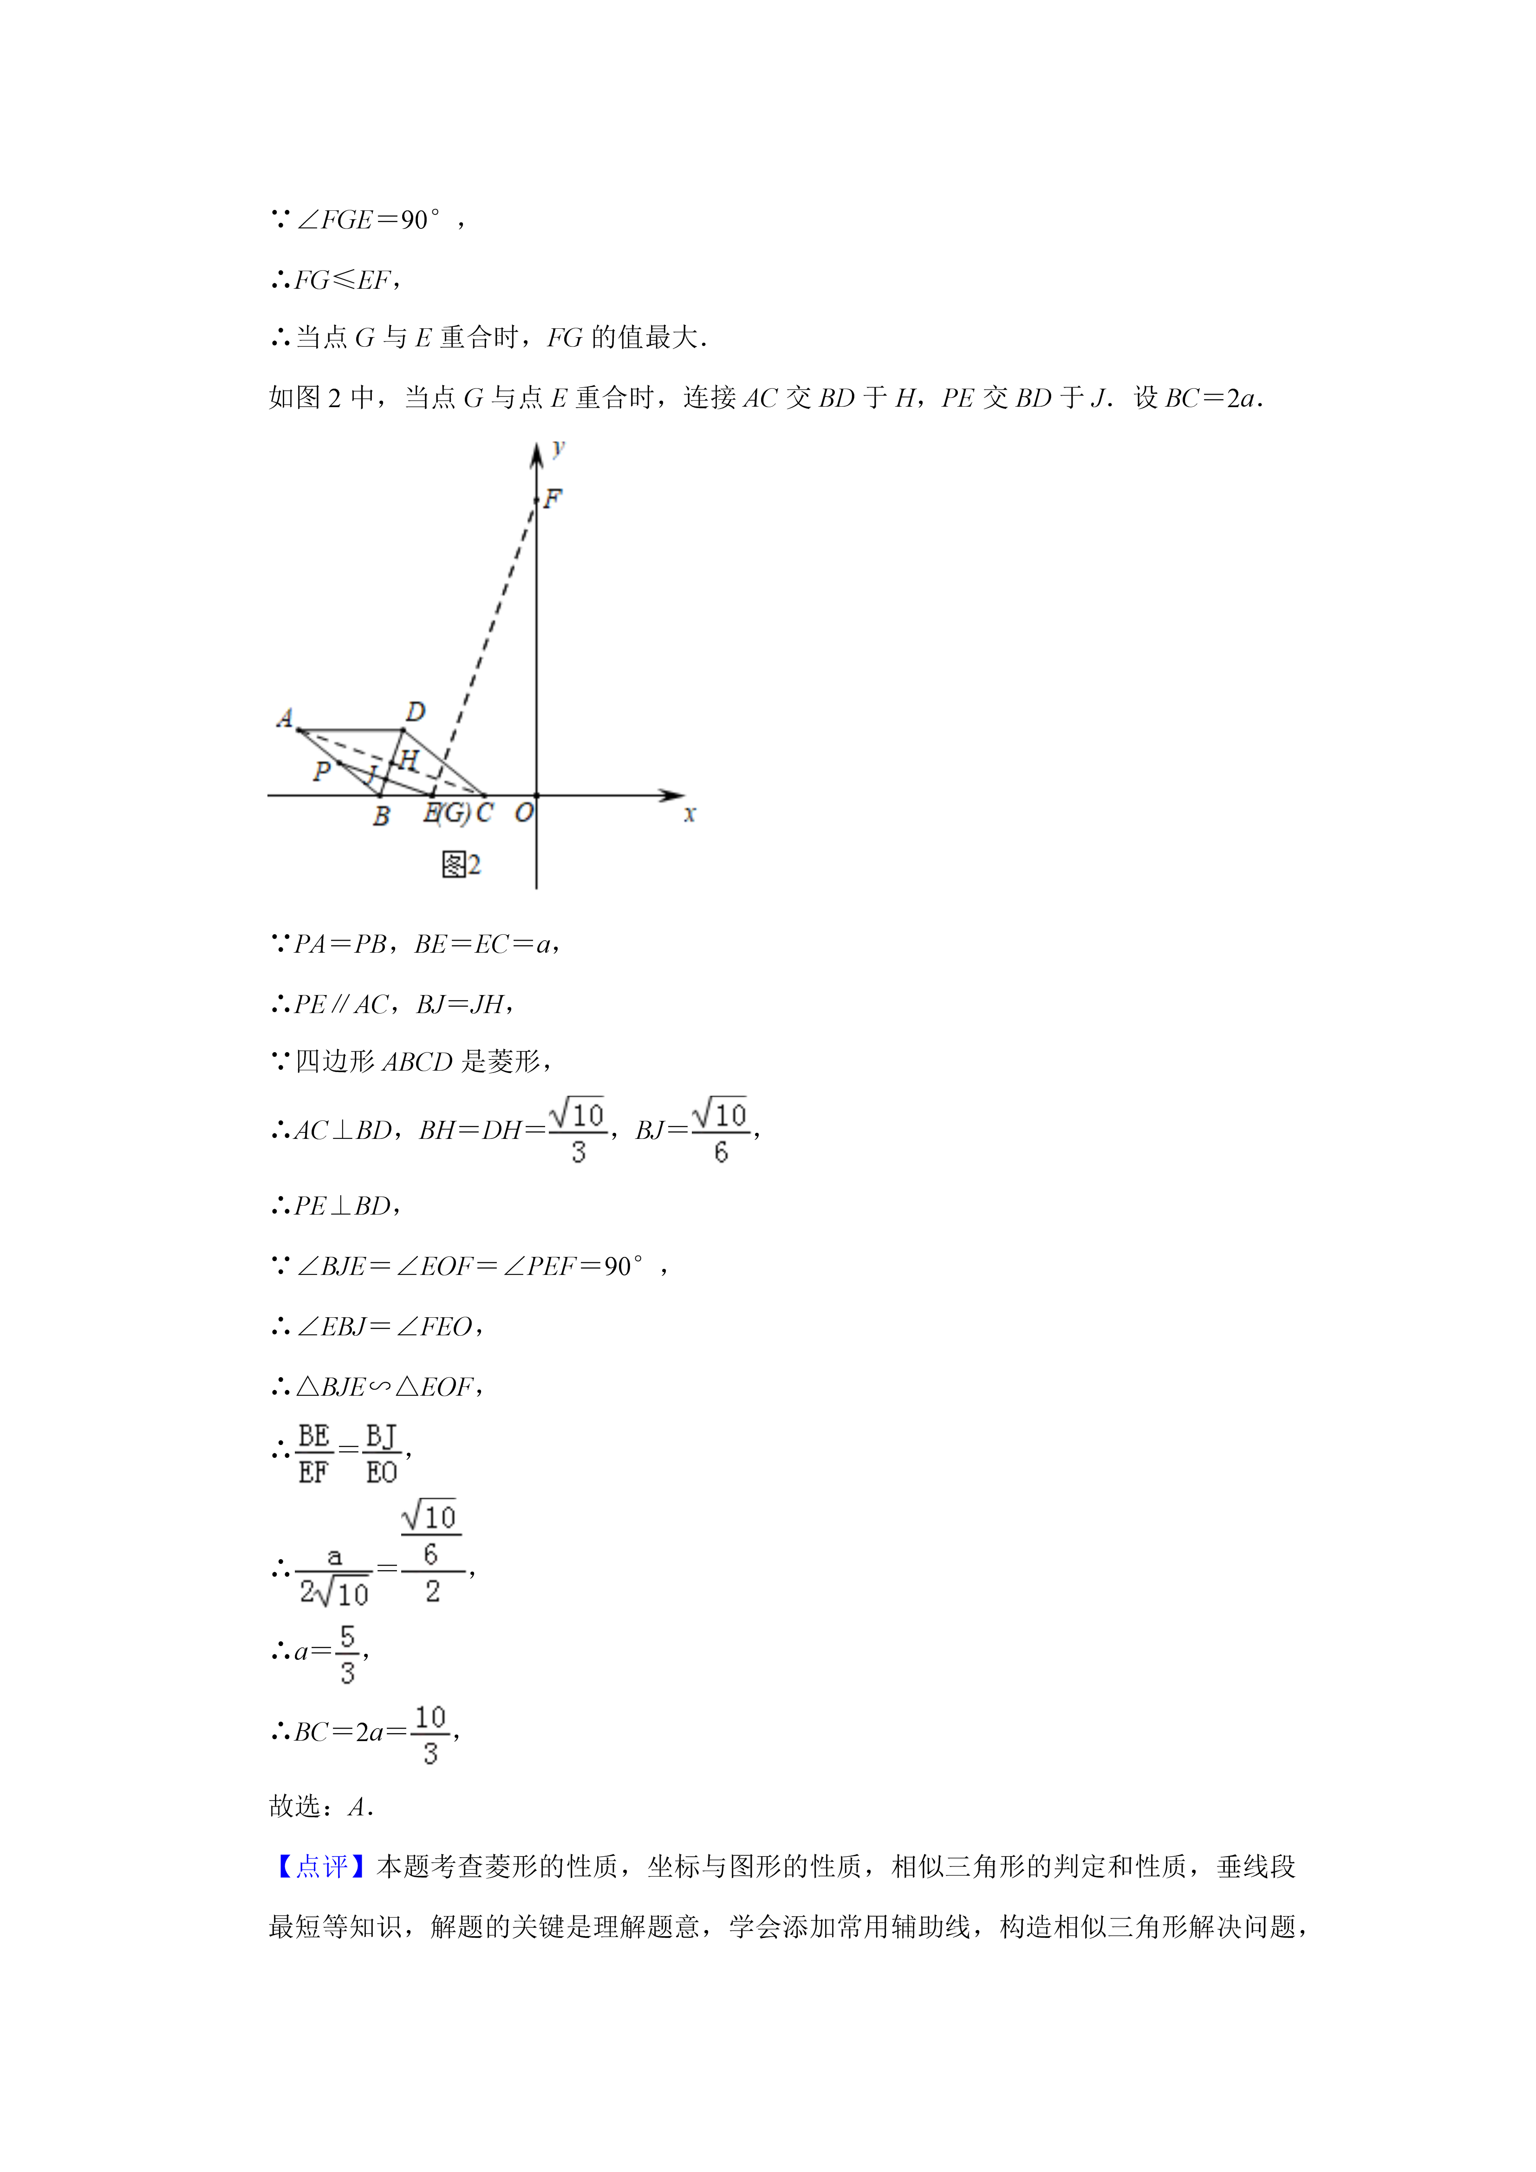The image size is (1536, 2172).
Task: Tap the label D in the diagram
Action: tap(415, 711)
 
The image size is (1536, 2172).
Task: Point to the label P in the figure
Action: tap(322, 771)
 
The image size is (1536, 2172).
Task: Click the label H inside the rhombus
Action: tap(409, 760)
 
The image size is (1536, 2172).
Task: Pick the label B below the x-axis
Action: tap(381, 815)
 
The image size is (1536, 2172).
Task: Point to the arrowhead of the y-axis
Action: tap(536, 454)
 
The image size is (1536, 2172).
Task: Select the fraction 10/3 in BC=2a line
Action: tap(430, 1735)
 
